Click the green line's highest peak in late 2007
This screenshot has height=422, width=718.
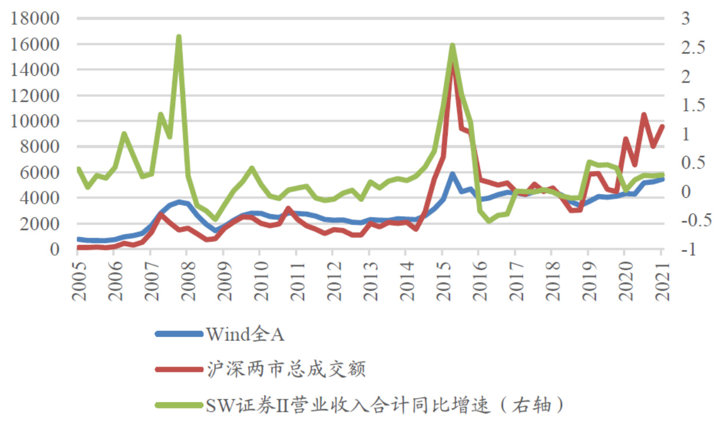179,37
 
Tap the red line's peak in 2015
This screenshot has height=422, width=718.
452,65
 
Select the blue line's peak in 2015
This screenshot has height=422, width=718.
452,174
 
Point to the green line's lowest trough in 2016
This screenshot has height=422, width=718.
489,221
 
